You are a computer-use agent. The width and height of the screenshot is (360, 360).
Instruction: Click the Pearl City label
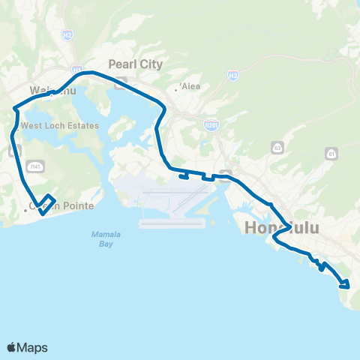[135, 64]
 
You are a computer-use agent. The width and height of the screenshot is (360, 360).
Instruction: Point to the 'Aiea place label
[190, 86]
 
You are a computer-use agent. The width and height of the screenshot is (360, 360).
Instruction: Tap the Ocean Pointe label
[54, 205]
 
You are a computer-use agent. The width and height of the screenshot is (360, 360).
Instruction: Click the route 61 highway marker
[331, 153]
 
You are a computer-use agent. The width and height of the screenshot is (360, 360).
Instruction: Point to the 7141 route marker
[34, 165]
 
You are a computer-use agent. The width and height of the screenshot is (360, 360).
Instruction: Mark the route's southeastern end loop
[344, 283]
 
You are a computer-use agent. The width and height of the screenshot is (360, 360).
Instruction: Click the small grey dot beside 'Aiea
[175, 89]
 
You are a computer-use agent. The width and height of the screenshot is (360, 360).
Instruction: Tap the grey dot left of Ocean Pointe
[25, 211]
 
